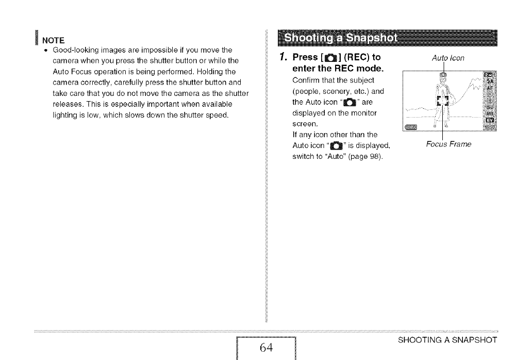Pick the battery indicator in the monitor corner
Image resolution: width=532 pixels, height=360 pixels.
[x=411, y=126]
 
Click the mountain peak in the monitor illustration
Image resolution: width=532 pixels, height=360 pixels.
[x=477, y=80]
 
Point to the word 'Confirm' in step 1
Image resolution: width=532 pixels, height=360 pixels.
[x=305, y=80]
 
